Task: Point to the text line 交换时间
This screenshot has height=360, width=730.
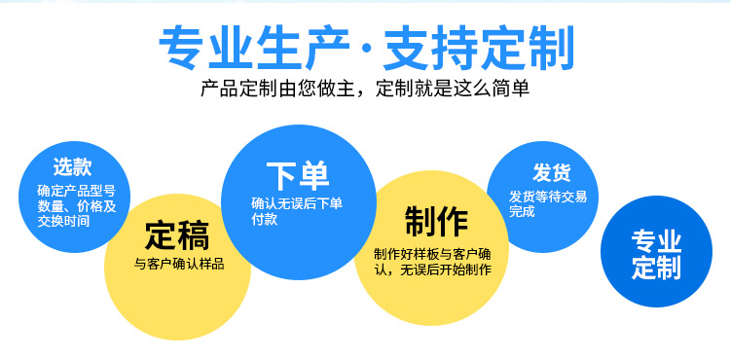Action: click(63, 221)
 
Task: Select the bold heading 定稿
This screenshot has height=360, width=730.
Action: click(177, 234)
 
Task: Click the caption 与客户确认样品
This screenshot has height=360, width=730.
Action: click(178, 264)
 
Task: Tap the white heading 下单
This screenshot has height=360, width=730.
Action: click(298, 175)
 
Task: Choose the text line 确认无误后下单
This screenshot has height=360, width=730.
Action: click(297, 203)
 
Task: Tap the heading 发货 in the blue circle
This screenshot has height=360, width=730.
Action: click(551, 173)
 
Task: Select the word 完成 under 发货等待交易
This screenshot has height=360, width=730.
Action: click(522, 211)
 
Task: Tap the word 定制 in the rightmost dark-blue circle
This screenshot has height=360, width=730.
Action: click(657, 268)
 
